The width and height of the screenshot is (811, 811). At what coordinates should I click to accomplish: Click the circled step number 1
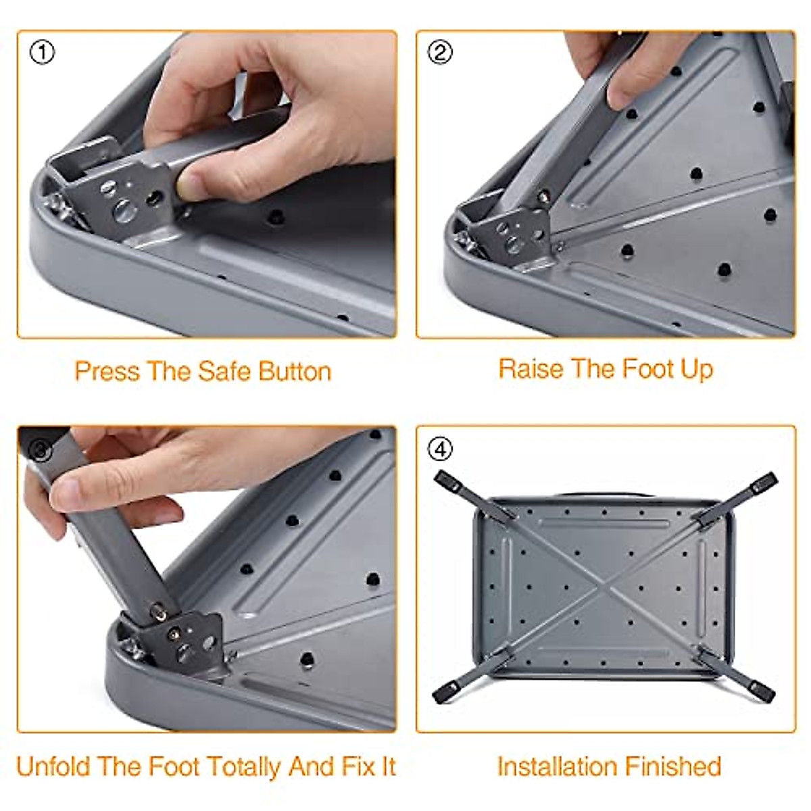tap(43, 52)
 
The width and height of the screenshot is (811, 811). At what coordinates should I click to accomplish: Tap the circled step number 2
tap(441, 52)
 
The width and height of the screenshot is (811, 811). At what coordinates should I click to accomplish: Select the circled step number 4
tap(441, 449)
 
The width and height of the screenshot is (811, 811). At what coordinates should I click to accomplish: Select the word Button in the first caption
tap(295, 371)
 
